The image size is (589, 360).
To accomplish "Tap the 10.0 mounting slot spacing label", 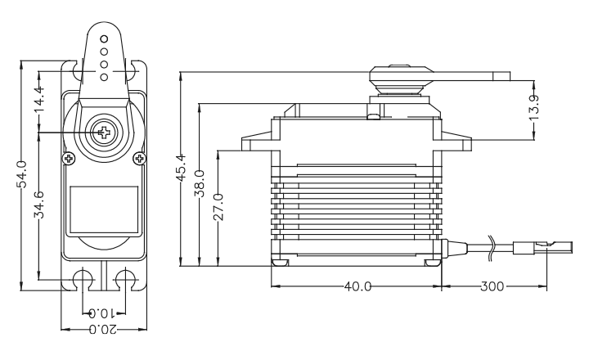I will (102, 313).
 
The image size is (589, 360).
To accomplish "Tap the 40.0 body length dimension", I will (357, 287).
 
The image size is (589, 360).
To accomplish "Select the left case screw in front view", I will (68, 157).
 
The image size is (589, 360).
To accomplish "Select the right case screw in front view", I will (140, 157).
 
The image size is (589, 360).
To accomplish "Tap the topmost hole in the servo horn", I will (104, 38).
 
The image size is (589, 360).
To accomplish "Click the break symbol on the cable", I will (492, 247).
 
